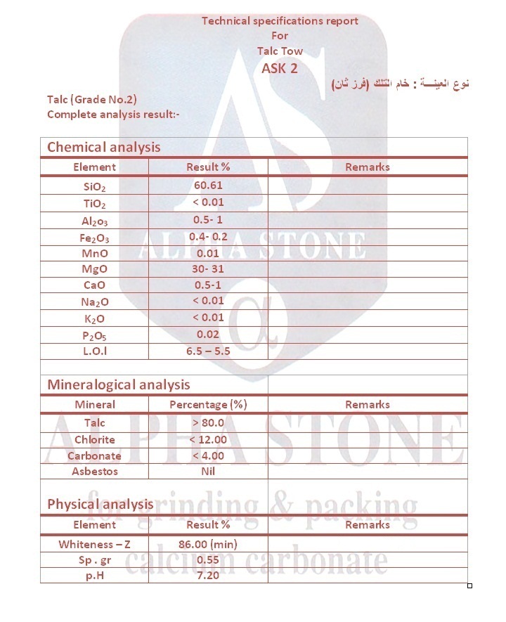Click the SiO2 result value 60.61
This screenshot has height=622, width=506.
tap(208, 186)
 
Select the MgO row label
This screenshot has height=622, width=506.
tap(94, 269)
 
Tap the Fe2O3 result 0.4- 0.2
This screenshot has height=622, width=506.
tap(208, 237)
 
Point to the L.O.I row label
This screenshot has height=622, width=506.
tap(94, 350)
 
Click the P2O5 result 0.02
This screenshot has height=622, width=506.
tap(208, 334)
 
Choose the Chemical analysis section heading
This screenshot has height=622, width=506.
tap(103, 147)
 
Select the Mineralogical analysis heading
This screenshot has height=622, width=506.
tap(118, 384)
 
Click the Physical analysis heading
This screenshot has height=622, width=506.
tap(100, 504)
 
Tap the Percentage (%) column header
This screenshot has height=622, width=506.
tap(208, 405)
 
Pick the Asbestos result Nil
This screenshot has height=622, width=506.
tap(208, 472)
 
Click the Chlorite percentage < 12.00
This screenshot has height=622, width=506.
tap(208, 439)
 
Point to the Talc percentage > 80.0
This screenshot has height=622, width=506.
tap(208, 423)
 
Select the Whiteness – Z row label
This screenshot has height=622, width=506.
tap(94, 544)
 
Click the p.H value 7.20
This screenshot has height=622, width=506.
tap(208, 576)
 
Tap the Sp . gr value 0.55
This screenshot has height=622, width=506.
tap(208, 560)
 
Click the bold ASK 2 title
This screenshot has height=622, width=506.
tap(280, 68)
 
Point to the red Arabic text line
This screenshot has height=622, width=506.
tap(399, 84)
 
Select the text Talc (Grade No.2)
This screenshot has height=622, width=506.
tap(91, 100)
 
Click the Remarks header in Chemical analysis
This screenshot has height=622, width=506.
tap(367, 167)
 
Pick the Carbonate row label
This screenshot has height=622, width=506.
tap(94, 455)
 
